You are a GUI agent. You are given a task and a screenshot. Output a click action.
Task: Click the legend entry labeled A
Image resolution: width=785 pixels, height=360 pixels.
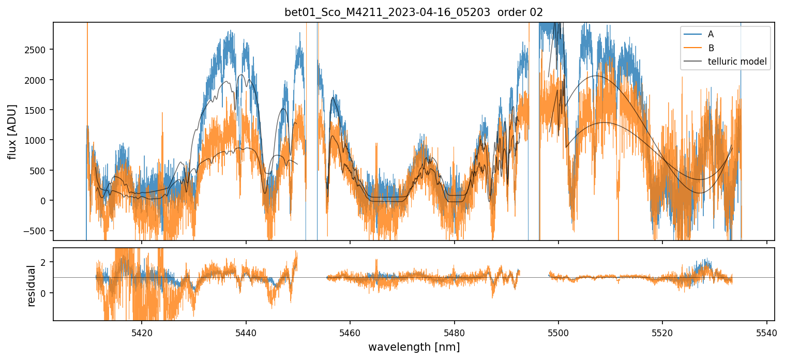click(x=711, y=34)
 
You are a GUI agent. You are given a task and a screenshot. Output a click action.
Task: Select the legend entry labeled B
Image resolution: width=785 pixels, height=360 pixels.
click(x=711, y=48)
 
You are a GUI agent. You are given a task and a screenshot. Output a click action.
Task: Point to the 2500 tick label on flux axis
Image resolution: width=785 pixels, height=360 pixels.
click(x=39, y=50)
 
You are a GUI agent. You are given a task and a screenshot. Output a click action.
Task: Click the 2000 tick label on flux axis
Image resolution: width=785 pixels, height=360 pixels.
click(x=39, y=80)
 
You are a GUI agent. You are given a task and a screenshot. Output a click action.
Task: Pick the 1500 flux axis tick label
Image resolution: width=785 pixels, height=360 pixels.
click(x=39, y=110)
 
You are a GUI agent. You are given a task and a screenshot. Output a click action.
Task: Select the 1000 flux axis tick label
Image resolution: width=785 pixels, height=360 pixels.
click(x=39, y=140)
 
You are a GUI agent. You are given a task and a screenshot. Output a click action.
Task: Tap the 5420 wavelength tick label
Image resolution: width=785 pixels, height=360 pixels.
click(x=142, y=332)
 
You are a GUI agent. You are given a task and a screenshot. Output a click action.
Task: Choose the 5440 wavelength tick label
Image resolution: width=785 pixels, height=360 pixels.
click(x=246, y=332)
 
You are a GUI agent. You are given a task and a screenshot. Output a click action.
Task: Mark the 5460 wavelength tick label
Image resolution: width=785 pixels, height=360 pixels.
click(x=350, y=332)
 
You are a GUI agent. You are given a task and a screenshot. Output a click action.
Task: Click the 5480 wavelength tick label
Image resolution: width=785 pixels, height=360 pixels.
click(x=455, y=332)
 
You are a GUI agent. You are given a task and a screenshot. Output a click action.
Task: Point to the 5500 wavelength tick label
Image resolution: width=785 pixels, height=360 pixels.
click(x=558, y=332)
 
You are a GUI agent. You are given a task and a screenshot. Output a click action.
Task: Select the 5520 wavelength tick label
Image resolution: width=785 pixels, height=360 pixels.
click(x=663, y=332)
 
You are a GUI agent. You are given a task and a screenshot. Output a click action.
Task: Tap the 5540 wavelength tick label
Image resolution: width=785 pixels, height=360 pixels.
click(x=767, y=332)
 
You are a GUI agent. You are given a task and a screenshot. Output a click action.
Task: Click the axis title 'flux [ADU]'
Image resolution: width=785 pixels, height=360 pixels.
click(x=12, y=131)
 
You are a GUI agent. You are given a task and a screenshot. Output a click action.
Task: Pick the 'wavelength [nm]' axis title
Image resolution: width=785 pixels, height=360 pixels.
click(x=414, y=347)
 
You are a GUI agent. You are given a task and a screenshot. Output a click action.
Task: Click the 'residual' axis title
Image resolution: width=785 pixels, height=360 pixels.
click(x=32, y=286)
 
